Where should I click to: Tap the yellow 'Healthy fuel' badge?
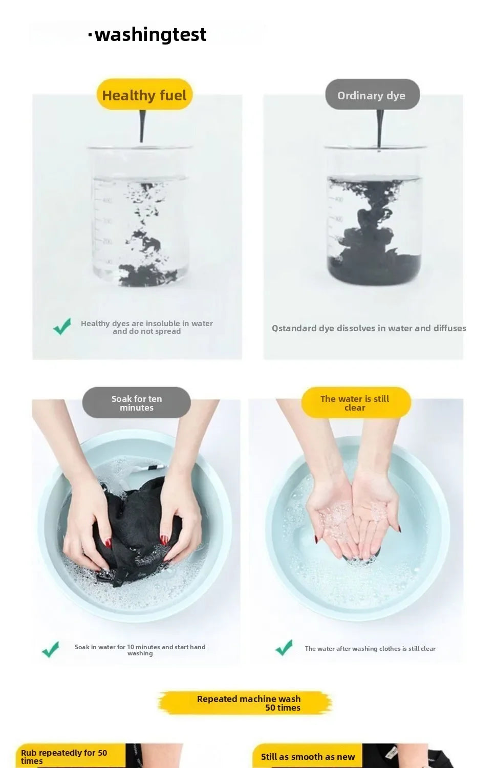(144, 95)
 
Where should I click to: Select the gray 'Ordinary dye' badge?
(372, 95)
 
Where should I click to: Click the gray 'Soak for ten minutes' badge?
(137, 402)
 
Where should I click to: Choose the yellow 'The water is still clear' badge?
(356, 402)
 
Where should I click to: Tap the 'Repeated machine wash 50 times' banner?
(245, 703)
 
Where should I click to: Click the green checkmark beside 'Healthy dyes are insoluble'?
(62, 327)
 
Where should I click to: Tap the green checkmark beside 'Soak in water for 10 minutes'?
(50, 649)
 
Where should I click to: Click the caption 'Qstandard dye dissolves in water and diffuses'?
(369, 328)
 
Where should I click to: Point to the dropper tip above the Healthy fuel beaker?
(141, 141)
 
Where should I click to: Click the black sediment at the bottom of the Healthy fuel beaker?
(147, 275)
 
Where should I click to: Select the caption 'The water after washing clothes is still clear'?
(370, 648)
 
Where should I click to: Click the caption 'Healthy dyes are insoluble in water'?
(147, 323)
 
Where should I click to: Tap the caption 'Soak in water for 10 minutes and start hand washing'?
(140, 650)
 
